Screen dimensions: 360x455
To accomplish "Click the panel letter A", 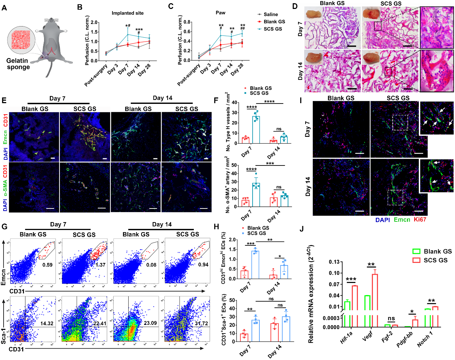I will click(4, 8).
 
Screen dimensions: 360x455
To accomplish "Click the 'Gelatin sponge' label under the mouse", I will click(18, 64).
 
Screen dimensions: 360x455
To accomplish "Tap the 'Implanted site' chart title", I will click(128, 13).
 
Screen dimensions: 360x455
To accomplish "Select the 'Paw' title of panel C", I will click(220, 13).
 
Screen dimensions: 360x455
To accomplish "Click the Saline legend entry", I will click(270, 14).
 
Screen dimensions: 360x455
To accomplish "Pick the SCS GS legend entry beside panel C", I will click(272, 29).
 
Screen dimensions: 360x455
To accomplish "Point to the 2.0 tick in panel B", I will click(94, 23).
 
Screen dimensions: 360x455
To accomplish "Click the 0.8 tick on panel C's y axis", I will click(187, 22).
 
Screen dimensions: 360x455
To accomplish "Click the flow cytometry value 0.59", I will click(47, 265).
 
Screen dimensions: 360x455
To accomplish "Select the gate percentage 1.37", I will click(101, 265).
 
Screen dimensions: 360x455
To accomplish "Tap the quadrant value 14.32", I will click(47, 323).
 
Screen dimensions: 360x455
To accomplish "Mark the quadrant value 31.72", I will click(201, 323).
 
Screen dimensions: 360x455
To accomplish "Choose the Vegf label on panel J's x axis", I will click(368, 336).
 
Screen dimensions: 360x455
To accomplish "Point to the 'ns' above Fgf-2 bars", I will click(391, 318).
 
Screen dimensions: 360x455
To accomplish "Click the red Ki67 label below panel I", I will click(420, 220).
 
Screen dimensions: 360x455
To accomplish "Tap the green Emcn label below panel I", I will click(402, 220).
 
